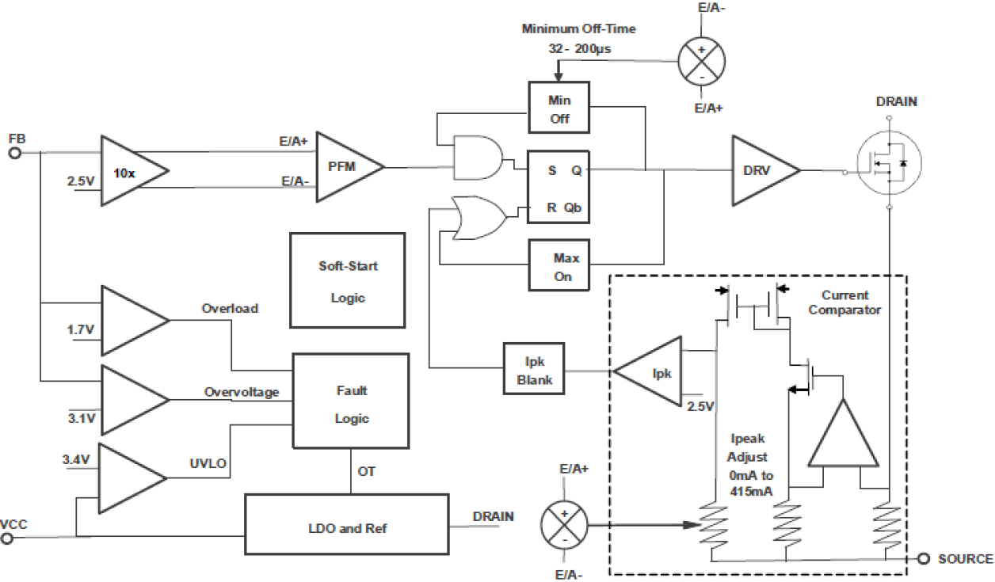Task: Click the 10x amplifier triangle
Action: [x=131, y=171]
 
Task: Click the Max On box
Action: [x=566, y=267]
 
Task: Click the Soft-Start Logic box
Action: [x=347, y=281]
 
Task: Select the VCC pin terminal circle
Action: [x=7, y=538]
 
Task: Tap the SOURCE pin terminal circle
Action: [x=923, y=559]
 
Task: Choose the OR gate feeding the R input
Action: [x=478, y=218]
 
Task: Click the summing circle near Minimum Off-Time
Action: [x=700, y=60]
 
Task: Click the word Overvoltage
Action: [x=241, y=392]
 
